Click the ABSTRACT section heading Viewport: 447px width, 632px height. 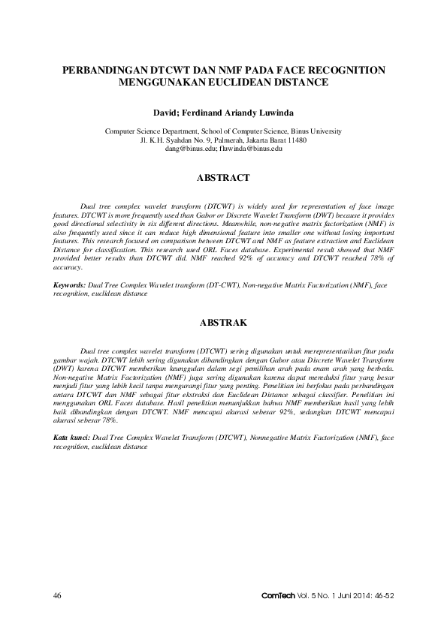click(x=223, y=179)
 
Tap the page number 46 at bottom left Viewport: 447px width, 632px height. click(x=56, y=595)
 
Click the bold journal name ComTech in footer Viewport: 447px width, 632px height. click(x=276, y=595)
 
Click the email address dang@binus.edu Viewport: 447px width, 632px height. click(x=189, y=149)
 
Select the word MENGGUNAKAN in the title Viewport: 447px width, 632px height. click(x=161, y=83)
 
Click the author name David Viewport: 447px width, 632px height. click(x=168, y=112)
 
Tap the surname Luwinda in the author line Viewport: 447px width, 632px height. click(x=272, y=112)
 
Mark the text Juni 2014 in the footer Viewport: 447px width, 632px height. click(x=348, y=595)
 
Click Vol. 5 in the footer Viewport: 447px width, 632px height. click(x=303, y=595)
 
